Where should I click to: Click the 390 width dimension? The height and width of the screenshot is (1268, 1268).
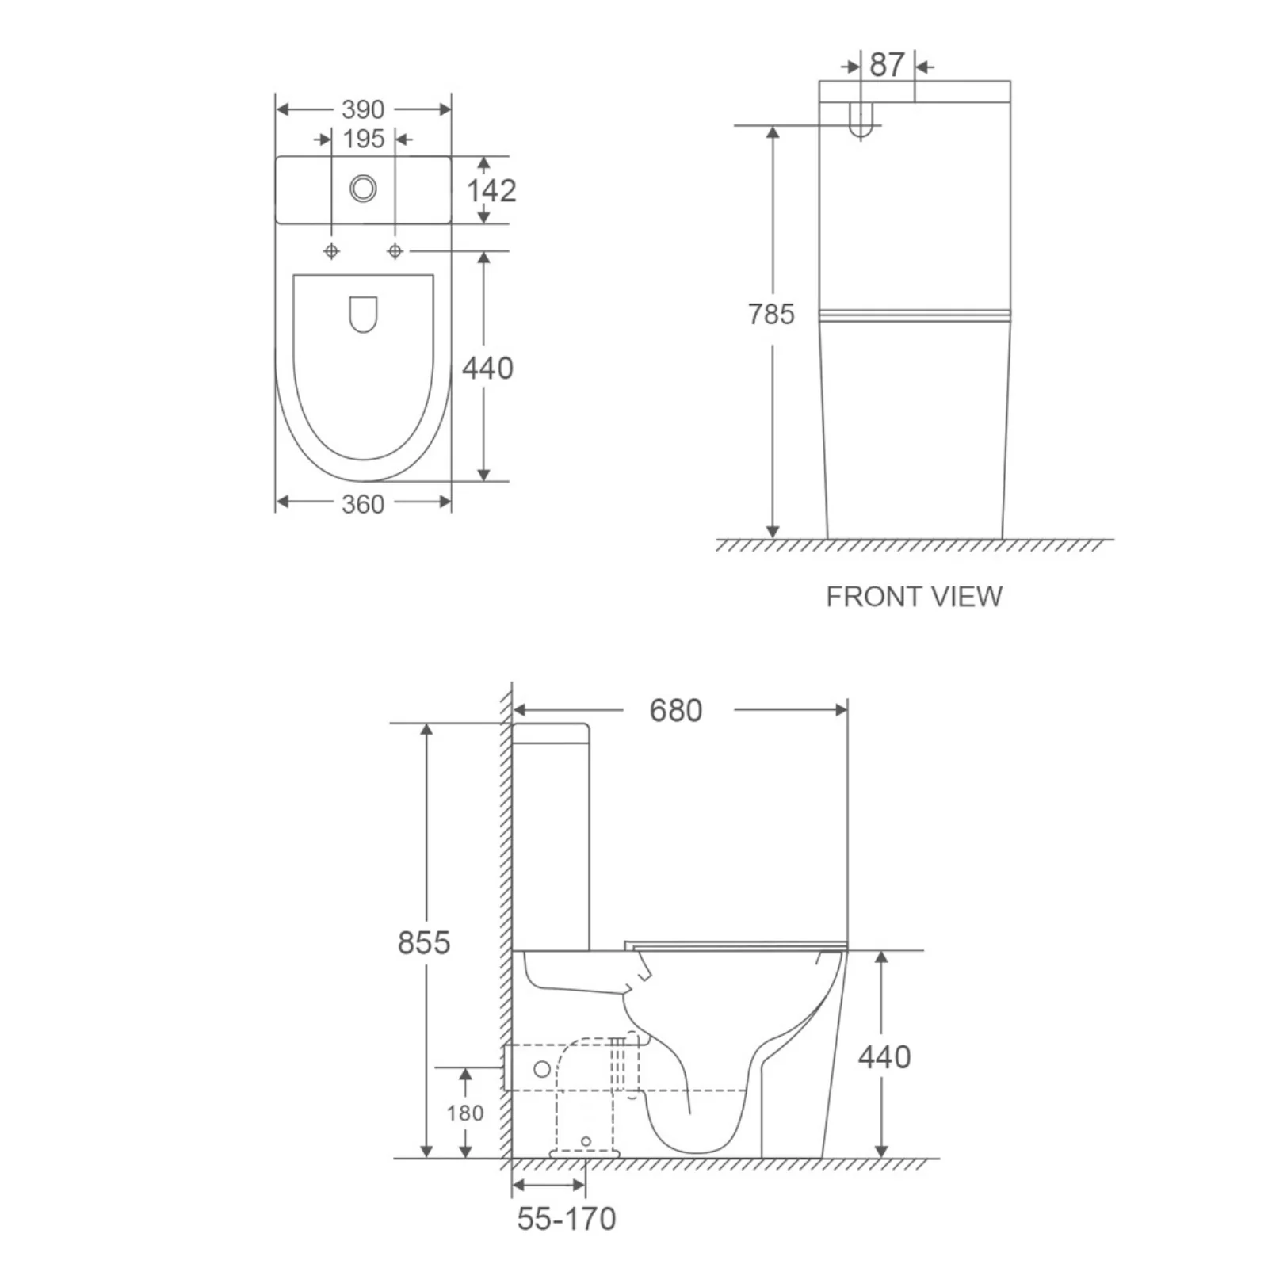363,109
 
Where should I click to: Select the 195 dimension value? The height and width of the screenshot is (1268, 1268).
364,139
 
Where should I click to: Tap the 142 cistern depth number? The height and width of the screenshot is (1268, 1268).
491,190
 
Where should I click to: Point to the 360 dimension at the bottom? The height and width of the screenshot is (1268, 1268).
363,504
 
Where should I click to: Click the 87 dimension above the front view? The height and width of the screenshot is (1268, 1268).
887,65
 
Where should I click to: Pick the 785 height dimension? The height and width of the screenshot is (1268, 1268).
771,315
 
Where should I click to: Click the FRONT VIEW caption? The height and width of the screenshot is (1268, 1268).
915,597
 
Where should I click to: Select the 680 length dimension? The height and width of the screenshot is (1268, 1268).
676,711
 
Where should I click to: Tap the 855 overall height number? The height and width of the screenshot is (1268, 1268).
424,943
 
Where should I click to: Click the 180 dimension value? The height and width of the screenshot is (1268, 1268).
465,1113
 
